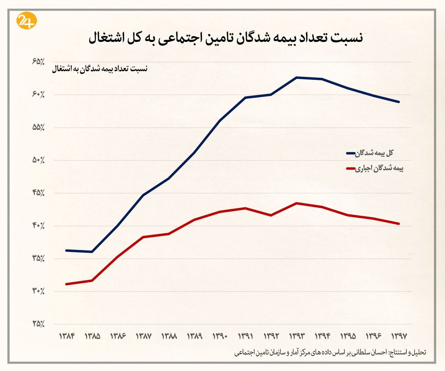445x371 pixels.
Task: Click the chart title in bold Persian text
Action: (x=226, y=38)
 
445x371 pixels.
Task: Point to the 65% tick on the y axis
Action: (x=38, y=62)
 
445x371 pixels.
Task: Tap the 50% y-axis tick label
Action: (x=38, y=160)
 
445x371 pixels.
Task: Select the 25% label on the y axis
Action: (x=38, y=324)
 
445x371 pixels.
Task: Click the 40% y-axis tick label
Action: (x=38, y=226)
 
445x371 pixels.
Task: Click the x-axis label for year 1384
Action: (x=67, y=336)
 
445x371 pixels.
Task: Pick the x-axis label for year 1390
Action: (x=220, y=336)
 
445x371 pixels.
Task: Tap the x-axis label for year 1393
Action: (x=297, y=336)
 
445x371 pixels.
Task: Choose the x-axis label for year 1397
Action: (x=399, y=336)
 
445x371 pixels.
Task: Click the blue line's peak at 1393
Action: (x=297, y=77)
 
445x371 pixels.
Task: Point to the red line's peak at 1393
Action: (x=297, y=203)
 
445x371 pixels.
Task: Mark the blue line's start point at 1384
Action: (x=66, y=250)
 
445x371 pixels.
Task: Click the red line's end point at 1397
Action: (x=399, y=224)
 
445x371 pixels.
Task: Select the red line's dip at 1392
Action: (x=271, y=216)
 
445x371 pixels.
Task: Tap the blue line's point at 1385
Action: (x=92, y=252)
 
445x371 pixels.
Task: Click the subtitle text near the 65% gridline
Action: (x=100, y=69)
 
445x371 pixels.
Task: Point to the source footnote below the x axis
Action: (x=330, y=352)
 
